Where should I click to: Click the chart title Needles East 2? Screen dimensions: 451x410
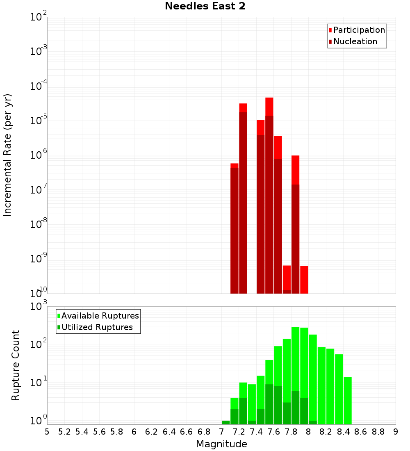[x=205, y=7]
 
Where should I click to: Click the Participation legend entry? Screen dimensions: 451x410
[x=359, y=30]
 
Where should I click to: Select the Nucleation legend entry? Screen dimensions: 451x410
[x=355, y=41]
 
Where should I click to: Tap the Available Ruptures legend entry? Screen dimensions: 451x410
[x=100, y=316]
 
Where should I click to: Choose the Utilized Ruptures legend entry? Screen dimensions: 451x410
[x=97, y=327]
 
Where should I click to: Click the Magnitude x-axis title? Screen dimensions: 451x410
[x=221, y=444]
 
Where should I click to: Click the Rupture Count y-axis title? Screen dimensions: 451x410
[x=16, y=365]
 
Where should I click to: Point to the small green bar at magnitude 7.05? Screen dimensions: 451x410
[x=225, y=422]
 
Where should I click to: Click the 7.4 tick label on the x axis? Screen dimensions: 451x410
[x=256, y=432]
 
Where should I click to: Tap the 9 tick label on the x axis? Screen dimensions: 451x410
[x=396, y=432]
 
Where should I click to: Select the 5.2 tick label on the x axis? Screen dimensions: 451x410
[x=65, y=432]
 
